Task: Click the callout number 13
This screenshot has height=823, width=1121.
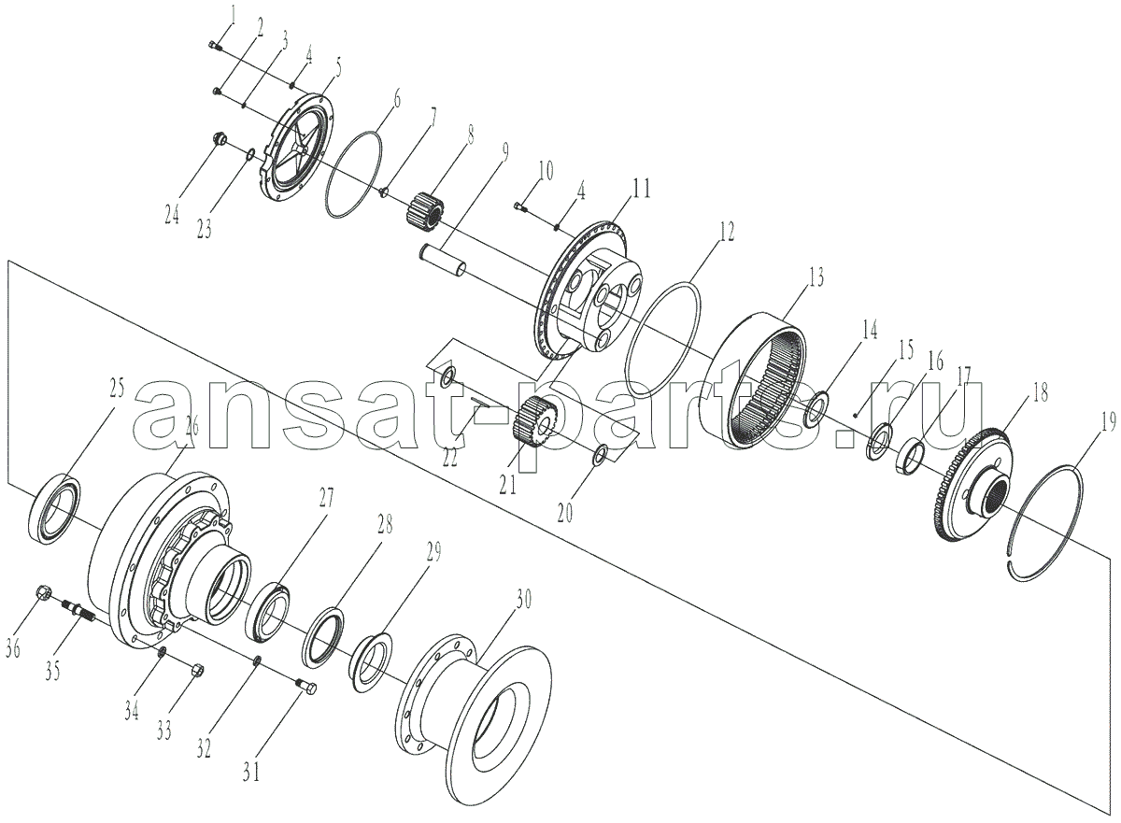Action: coord(816,277)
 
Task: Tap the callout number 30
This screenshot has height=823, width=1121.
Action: coord(522,600)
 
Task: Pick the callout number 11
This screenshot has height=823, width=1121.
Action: coord(641,189)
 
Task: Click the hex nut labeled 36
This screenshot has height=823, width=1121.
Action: coord(43,593)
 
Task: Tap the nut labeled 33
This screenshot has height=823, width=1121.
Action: coord(197,670)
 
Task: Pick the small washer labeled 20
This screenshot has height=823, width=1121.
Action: coord(600,454)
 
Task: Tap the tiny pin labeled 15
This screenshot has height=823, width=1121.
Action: coord(857,414)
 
